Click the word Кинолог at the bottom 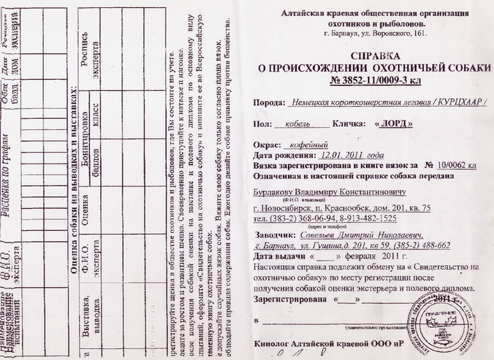pos(273,344)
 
